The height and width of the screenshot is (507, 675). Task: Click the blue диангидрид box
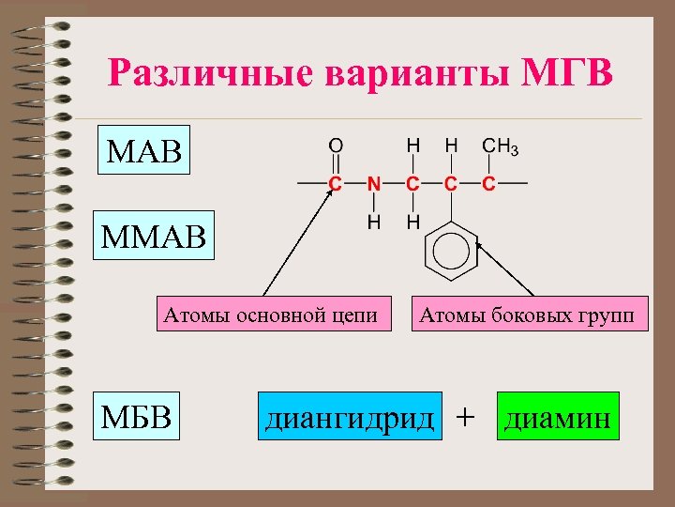click(350, 417)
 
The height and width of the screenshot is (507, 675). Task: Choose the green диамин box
click(558, 417)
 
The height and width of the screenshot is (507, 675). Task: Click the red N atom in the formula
click(373, 184)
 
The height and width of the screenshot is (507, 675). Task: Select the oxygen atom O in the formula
click(335, 147)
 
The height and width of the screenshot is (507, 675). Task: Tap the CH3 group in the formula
click(499, 147)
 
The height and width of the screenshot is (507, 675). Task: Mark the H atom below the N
click(373, 223)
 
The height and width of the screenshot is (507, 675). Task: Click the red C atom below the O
click(335, 184)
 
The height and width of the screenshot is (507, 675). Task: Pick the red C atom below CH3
click(488, 184)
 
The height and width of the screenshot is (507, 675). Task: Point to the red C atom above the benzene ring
click(451, 184)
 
